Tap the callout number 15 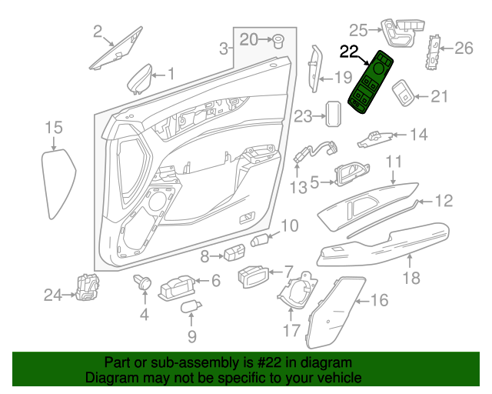[x=53, y=127]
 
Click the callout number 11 [x=394, y=162]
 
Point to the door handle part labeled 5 [x=348, y=175]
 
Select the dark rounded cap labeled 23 [x=334, y=114]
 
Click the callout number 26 [x=464, y=49]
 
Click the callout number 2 [x=98, y=32]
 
